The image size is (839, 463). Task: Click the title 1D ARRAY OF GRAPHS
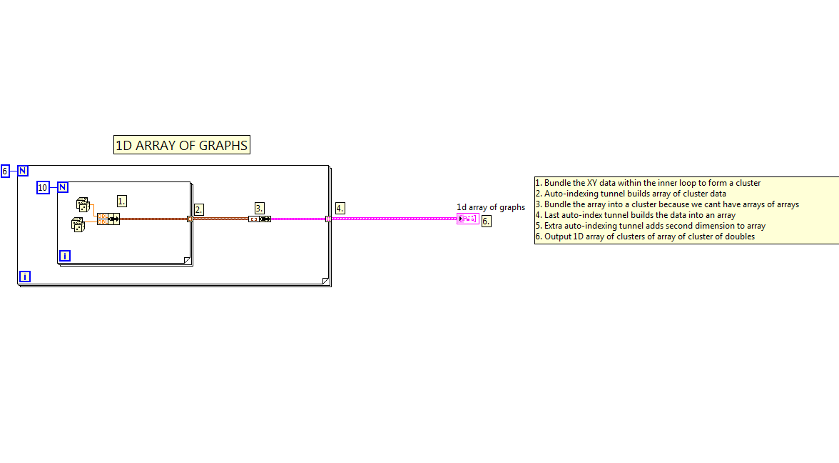click(182, 145)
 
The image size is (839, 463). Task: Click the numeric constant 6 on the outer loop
click(5, 171)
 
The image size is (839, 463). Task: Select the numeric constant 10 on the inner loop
click(43, 187)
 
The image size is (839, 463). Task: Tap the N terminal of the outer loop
click(23, 171)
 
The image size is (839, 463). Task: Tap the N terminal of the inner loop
click(63, 187)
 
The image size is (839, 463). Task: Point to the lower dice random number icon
click(78, 224)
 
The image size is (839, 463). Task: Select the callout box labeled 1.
click(122, 201)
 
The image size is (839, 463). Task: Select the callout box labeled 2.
click(199, 209)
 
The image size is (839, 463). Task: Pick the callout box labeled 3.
click(260, 208)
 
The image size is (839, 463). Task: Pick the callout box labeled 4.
click(340, 208)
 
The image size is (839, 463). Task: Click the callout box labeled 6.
click(486, 221)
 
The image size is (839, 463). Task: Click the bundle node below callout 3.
click(260, 219)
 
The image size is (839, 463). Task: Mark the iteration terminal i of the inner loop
click(65, 256)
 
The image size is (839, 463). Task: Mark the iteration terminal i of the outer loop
click(25, 277)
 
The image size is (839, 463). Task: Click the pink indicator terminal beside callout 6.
click(468, 219)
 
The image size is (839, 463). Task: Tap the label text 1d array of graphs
click(491, 207)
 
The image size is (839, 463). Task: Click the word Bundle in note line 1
click(558, 183)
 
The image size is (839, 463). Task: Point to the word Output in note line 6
click(558, 237)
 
